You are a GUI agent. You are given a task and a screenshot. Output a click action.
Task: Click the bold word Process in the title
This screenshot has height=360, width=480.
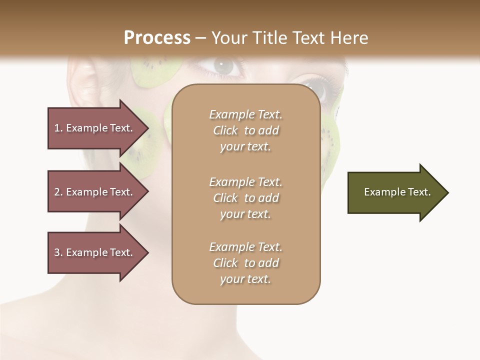pos(157,38)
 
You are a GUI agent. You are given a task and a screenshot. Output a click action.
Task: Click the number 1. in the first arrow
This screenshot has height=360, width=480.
pos(58,128)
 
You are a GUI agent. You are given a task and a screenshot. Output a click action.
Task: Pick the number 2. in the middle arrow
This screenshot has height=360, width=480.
pos(58,192)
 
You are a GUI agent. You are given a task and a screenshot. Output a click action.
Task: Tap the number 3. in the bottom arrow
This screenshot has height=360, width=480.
pos(58,252)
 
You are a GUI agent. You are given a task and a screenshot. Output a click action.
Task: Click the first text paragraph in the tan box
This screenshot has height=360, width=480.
pos(245,130)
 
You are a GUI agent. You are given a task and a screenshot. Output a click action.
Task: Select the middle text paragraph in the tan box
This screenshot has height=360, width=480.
pos(245,198)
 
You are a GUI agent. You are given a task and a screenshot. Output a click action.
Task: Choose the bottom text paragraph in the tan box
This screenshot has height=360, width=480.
pos(245,263)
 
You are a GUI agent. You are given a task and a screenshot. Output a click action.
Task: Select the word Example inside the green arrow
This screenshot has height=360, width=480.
pos(381,192)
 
